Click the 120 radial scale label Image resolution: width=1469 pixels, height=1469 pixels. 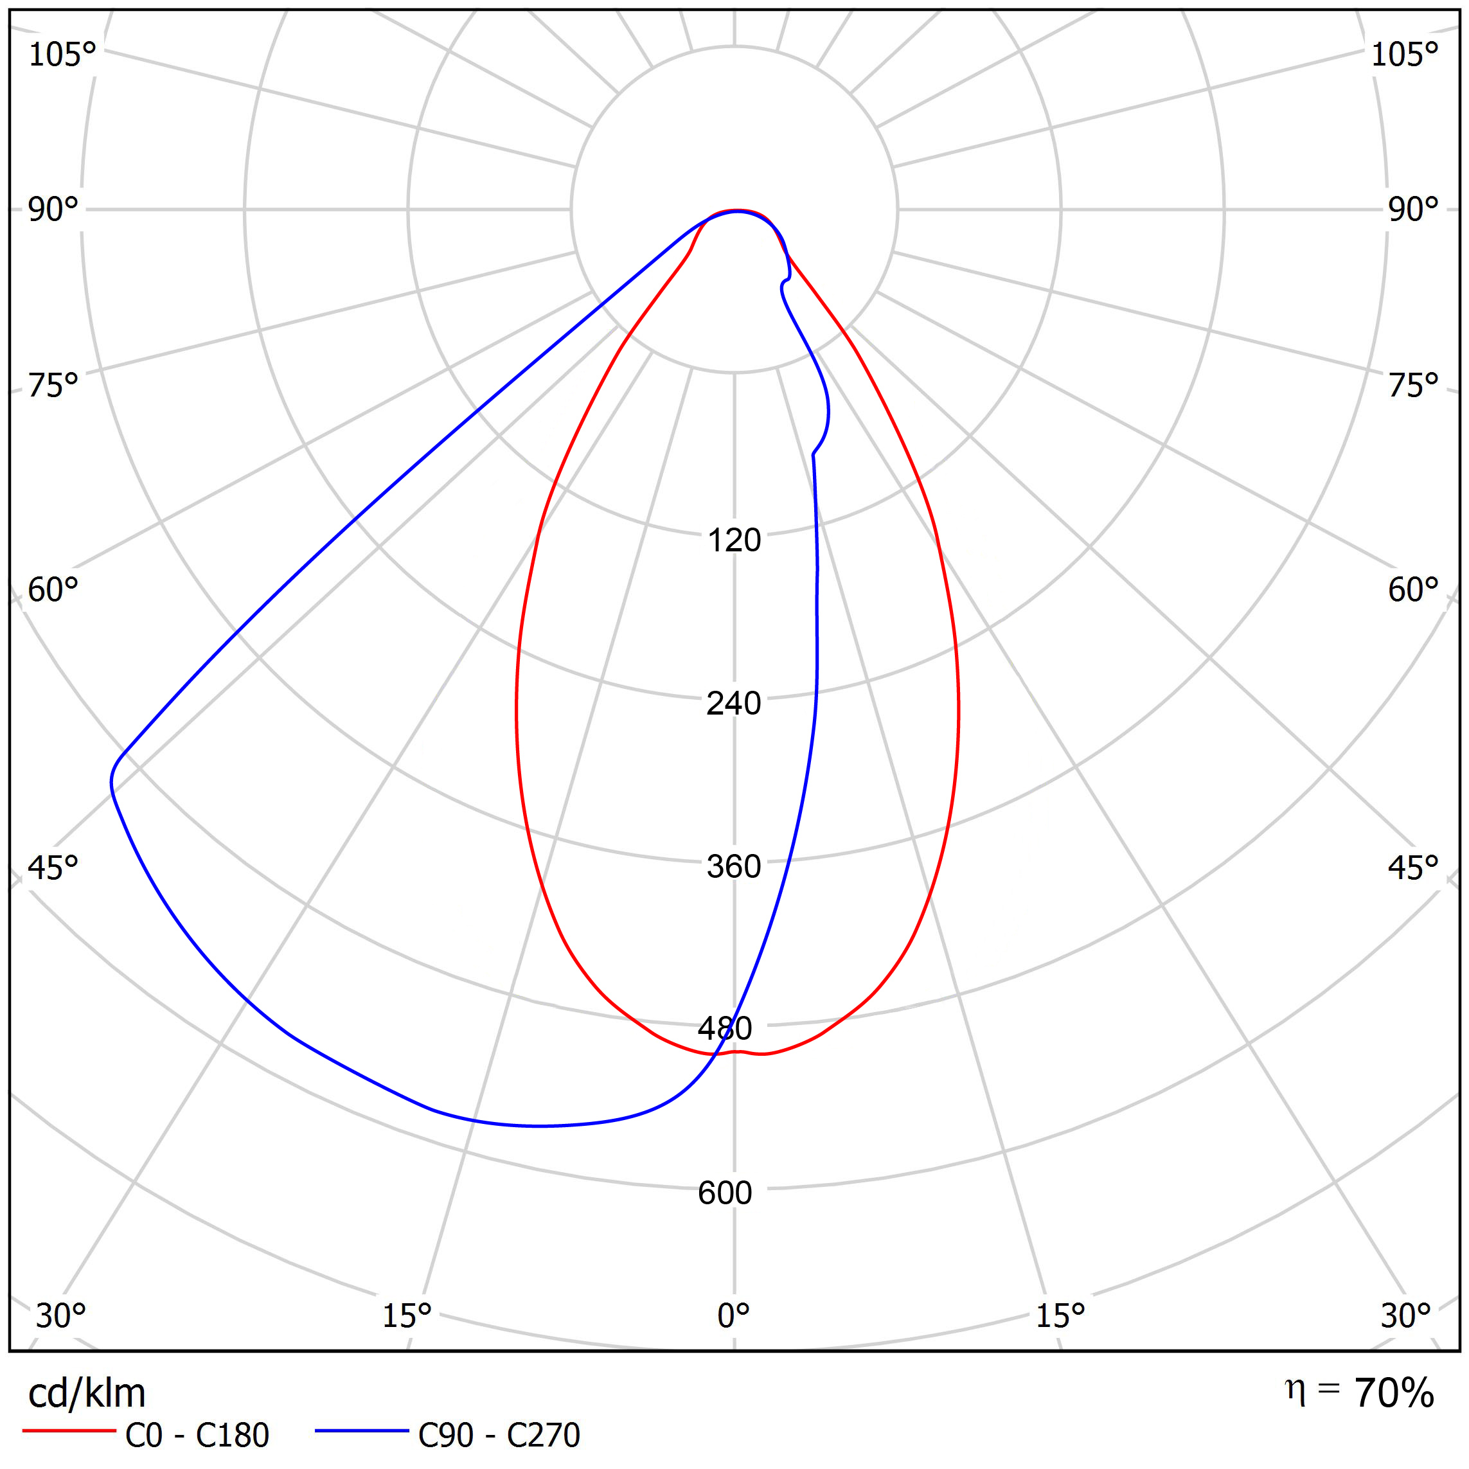734,540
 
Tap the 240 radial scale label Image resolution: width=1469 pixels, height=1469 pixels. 734,703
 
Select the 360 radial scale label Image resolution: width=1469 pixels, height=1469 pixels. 734,867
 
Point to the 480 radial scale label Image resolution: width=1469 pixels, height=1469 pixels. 725,1029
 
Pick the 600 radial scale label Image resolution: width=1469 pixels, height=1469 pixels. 725,1193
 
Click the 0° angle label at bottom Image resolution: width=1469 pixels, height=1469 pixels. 734,1315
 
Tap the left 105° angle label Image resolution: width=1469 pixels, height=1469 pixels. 62,55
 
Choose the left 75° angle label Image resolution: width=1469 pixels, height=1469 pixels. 53,386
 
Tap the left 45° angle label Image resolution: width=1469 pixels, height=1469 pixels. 53,868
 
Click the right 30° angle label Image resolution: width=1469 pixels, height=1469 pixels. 1406,1315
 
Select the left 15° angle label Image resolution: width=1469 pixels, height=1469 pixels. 407,1315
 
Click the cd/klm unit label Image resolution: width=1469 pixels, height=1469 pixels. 87,1394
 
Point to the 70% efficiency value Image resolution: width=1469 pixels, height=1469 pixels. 1394,1393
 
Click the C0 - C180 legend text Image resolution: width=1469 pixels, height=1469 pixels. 197,1436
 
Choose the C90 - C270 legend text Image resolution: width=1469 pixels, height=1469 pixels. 499,1436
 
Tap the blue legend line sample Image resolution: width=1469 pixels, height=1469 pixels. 362,1432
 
